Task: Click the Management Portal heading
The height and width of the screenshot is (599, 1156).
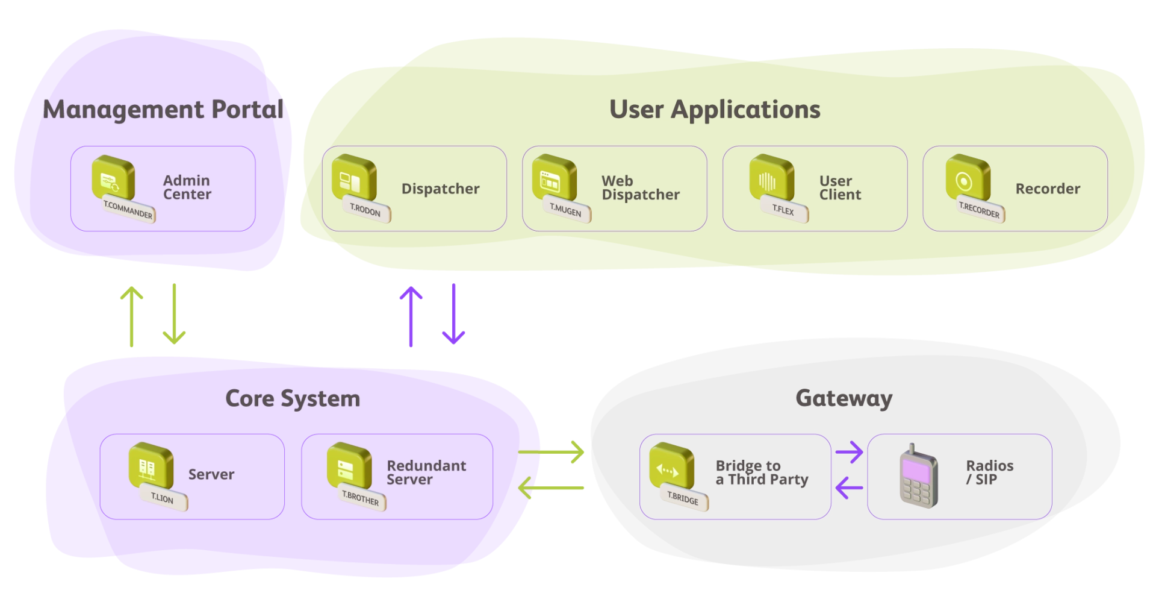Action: tap(163, 110)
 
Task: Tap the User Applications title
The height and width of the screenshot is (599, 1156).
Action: tap(715, 110)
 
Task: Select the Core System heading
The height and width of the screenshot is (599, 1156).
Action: tap(293, 399)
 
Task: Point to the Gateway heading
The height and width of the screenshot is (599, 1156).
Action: tap(844, 398)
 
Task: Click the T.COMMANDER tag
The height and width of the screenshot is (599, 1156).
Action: tap(128, 209)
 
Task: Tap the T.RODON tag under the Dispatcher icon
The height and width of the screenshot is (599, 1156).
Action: tap(366, 210)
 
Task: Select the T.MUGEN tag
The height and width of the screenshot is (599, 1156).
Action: tap(566, 209)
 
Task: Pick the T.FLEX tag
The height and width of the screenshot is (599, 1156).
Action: tap(784, 209)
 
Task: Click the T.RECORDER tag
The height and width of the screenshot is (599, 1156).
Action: tap(980, 209)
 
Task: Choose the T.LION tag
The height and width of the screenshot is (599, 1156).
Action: tap(163, 498)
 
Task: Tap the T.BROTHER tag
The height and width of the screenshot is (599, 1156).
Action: tap(361, 497)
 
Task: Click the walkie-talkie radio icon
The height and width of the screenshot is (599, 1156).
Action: tap(919, 477)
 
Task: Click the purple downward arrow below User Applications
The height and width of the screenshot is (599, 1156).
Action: tap(453, 314)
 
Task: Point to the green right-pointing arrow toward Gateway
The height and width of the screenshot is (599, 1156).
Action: tap(551, 452)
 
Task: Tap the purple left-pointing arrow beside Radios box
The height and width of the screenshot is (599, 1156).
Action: tap(850, 488)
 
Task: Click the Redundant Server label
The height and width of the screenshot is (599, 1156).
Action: tap(426, 473)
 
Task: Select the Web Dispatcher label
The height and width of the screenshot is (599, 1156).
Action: tap(641, 188)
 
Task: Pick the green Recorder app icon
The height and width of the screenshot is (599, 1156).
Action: tap(968, 177)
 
